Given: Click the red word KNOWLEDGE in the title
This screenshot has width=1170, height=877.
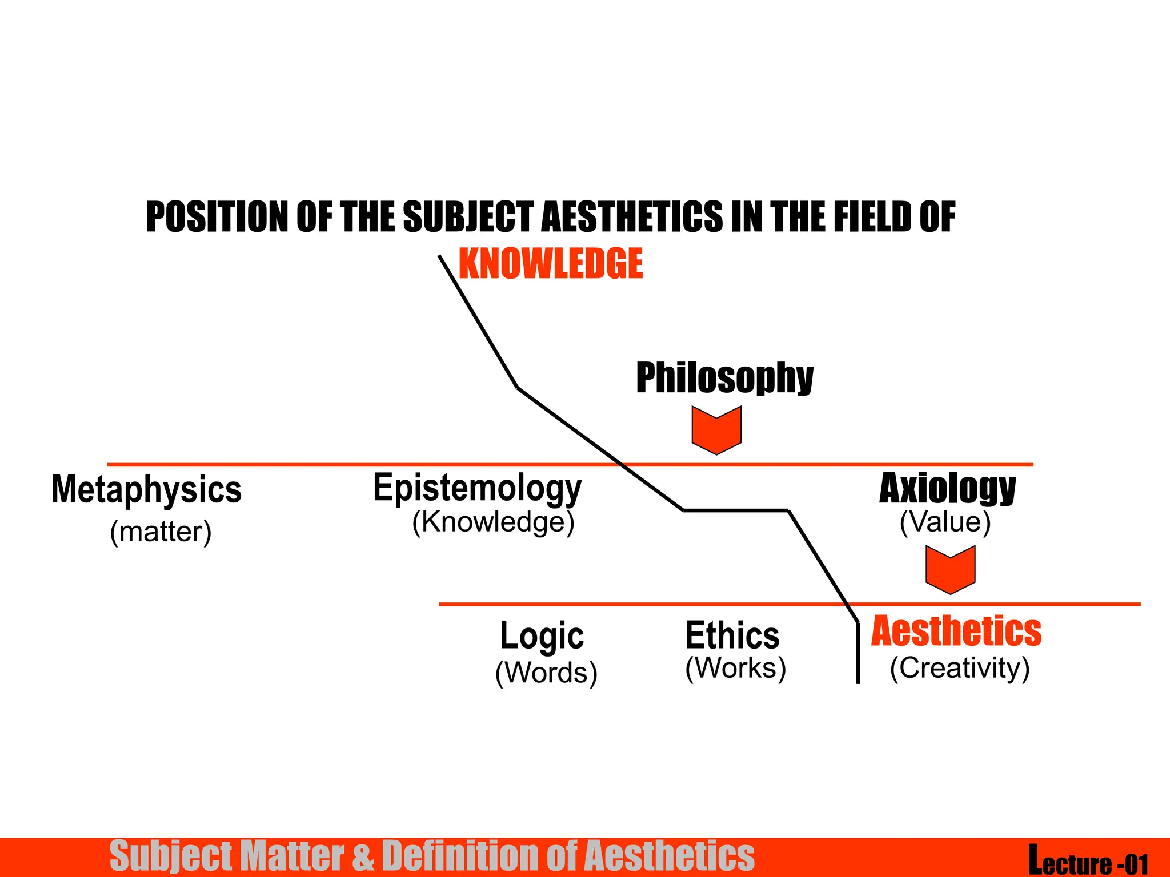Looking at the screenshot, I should (551, 264).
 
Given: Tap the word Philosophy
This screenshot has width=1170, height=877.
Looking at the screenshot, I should (724, 377).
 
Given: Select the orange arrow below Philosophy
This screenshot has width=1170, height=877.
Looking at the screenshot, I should (716, 429).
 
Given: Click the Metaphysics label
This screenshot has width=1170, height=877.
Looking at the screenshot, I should (147, 490).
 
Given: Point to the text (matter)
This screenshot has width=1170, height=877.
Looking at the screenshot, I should (161, 532).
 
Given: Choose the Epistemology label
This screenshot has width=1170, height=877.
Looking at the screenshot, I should (477, 488).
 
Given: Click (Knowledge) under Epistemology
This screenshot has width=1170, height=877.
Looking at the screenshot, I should (493, 522).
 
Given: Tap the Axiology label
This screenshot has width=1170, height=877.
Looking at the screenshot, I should (947, 488).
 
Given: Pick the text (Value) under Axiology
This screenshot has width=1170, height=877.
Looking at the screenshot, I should (945, 522).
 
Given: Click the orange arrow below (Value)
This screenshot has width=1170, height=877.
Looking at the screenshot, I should (950, 569).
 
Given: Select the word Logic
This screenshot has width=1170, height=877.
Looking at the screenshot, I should (542, 635).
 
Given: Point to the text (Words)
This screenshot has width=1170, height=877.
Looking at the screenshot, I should (546, 673).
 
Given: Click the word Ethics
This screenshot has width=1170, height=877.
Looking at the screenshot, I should (732, 635).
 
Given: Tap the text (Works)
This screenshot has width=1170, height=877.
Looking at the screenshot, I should (735, 668).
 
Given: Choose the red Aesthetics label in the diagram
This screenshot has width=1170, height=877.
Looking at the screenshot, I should (956, 631).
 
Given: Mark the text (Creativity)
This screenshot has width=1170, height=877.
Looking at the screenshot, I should (960, 668).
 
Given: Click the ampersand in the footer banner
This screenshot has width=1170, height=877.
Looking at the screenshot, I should (362, 856).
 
